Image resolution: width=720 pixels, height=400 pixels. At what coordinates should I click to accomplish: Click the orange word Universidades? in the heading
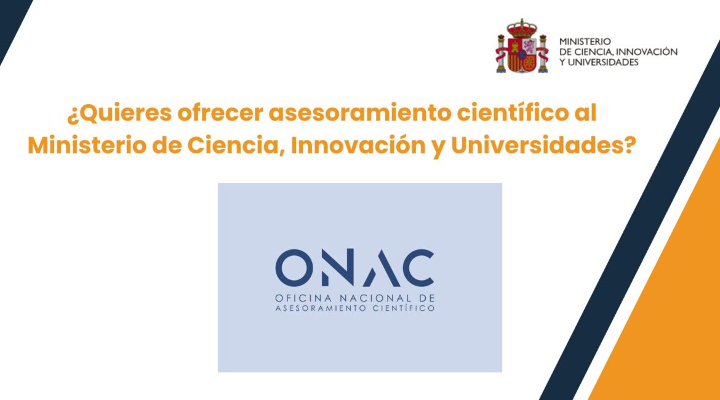pyautogui.click(x=543, y=145)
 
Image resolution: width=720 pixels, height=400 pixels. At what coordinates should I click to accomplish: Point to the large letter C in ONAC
pyautogui.click(x=416, y=268)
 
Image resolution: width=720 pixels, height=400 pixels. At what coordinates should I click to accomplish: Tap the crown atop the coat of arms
pyautogui.click(x=522, y=28)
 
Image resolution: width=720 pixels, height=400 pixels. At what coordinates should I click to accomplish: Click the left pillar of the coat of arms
pyautogui.click(x=501, y=54)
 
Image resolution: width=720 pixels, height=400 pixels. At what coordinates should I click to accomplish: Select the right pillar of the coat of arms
pyautogui.click(x=543, y=54)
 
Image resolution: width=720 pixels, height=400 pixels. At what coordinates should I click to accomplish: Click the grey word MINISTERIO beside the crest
pyautogui.click(x=585, y=42)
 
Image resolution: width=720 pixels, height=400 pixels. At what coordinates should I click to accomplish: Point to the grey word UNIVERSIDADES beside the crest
pyautogui.click(x=603, y=62)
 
